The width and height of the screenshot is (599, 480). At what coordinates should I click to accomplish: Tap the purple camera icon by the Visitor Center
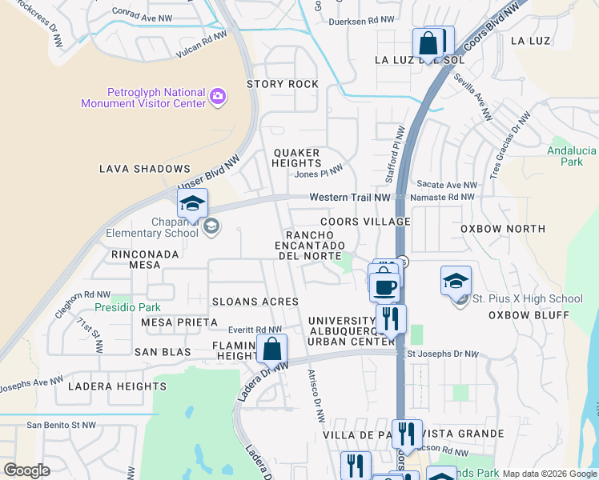217,98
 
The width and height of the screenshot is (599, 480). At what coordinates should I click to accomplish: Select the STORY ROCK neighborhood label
283,84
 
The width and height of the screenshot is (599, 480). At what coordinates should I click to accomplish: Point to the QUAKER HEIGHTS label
296,158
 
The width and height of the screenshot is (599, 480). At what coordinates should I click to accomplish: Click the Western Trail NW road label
350,197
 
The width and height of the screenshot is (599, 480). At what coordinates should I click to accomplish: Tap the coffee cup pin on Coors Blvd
384,286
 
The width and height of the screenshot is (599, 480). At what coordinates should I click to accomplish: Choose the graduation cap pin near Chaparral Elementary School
192,205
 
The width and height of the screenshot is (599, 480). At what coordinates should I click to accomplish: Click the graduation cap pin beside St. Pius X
456,281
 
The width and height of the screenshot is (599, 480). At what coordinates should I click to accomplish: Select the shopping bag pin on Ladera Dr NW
272,350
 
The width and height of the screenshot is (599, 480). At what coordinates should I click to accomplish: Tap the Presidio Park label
127,307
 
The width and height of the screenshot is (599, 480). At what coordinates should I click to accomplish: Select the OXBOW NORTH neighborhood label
503,229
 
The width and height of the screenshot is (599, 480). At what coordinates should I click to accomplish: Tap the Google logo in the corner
27,470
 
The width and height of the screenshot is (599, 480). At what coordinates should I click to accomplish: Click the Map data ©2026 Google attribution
549,474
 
